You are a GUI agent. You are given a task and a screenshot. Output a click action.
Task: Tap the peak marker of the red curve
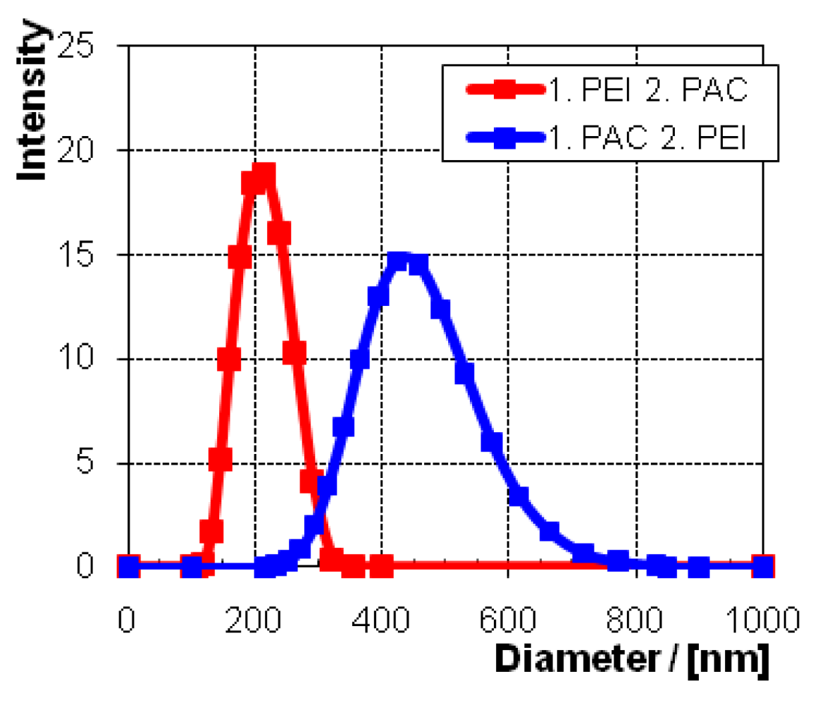[x=264, y=176]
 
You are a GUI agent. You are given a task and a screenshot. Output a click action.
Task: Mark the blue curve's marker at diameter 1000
[x=763, y=566]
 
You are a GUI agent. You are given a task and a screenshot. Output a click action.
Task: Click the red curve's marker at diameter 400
[x=381, y=566]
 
